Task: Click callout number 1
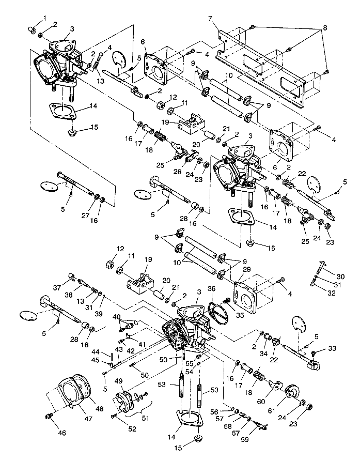[44, 18]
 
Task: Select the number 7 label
[210, 19]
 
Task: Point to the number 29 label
[247, 270]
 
